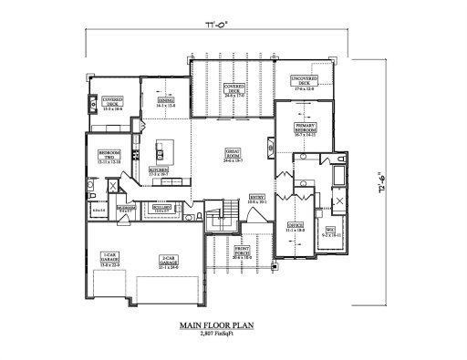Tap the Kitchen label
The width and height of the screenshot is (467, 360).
click(x=158, y=170)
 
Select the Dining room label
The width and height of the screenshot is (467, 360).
click(x=165, y=104)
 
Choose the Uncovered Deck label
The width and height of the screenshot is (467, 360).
click(x=305, y=86)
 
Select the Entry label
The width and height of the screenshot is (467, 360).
click(x=256, y=198)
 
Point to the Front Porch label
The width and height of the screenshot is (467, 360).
click(x=243, y=252)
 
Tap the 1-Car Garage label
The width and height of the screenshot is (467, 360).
click(x=109, y=257)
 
